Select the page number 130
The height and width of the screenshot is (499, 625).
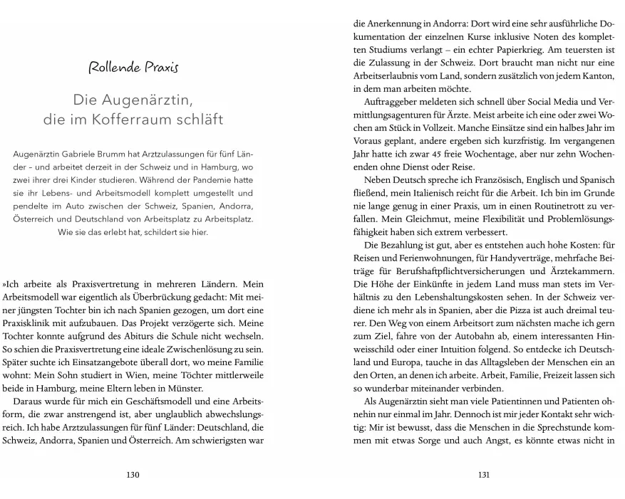click(x=133, y=475)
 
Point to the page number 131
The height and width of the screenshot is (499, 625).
click(x=484, y=475)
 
